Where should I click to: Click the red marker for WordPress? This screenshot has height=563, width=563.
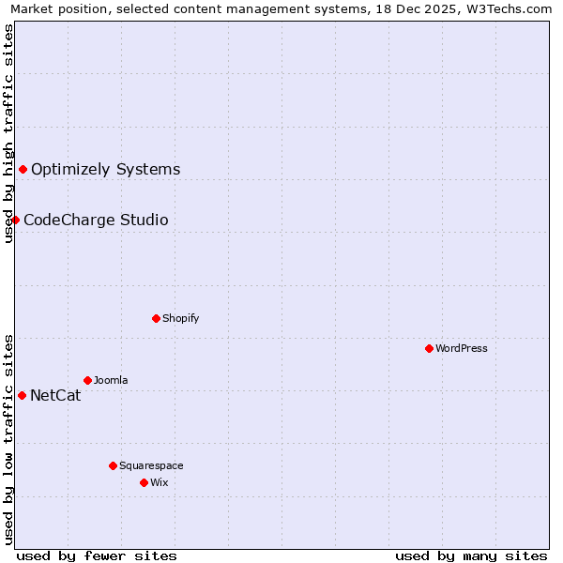click(x=429, y=348)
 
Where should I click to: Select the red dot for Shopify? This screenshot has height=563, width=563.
click(x=156, y=318)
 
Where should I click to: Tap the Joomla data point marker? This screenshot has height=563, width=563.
click(x=87, y=380)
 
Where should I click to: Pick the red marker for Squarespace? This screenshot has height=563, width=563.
click(x=113, y=465)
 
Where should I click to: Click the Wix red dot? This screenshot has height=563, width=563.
click(x=144, y=482)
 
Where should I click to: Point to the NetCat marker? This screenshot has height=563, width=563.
click(x=22, y=395)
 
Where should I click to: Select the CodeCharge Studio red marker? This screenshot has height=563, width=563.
click(x=15, y=220)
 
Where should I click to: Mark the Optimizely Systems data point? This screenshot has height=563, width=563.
click(x=23, y=169)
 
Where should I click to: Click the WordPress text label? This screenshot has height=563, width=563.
click(x=462, y=348)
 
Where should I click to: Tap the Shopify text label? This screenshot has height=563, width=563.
click(x=181, y=318)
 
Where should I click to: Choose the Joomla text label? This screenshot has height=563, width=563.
click(x=111, y=380)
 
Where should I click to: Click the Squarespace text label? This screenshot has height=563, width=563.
click(x=151, y=465)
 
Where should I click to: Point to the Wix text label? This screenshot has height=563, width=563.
click(x=159, y=482)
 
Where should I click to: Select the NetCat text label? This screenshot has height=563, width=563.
click(x=55, y=395)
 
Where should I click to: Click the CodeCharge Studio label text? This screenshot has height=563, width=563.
click(x=96, y=221)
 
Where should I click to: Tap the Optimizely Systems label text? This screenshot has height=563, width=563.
click(x=105, y=170)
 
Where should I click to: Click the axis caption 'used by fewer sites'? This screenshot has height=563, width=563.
click(x=97, y=555)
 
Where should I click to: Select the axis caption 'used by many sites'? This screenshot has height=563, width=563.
click(x=471, y=555)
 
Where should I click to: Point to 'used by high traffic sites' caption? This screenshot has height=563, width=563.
click(x=8, y=134)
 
